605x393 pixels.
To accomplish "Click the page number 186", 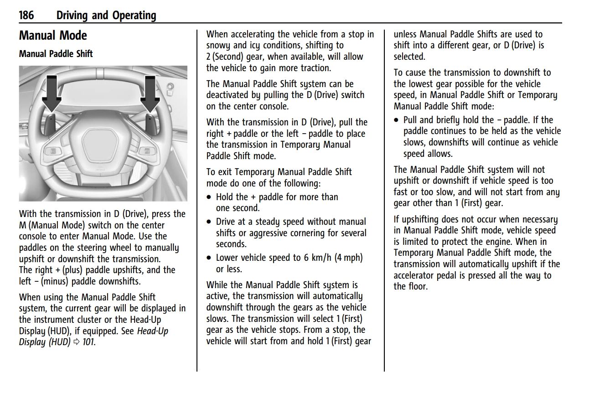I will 26,15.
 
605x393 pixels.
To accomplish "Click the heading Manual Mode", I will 53,36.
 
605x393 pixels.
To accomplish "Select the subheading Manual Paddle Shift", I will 56,54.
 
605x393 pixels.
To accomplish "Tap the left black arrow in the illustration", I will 52,93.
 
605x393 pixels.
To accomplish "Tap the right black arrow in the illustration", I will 150,93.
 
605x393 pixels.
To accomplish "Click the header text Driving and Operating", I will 106,15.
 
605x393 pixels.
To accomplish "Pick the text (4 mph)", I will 349,258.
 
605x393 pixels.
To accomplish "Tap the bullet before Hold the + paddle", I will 209,197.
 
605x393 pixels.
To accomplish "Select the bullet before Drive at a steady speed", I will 209,222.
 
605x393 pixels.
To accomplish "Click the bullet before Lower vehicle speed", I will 209,258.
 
